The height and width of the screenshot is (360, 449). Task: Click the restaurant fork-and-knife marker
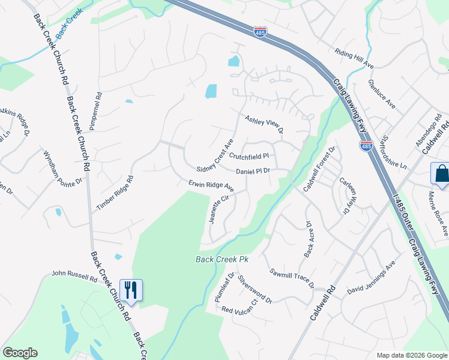pos(130,290)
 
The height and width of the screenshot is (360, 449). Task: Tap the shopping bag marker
pos(440,174)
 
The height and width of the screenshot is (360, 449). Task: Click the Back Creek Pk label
pos(221,259)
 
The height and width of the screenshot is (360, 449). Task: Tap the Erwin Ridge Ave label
pos(211,185)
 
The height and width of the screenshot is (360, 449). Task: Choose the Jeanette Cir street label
pos(219,209)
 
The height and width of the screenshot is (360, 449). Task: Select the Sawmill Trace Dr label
pos(292,278)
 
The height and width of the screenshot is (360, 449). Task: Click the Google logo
pos(20,353)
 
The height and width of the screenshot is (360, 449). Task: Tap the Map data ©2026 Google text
pos(411,355)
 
